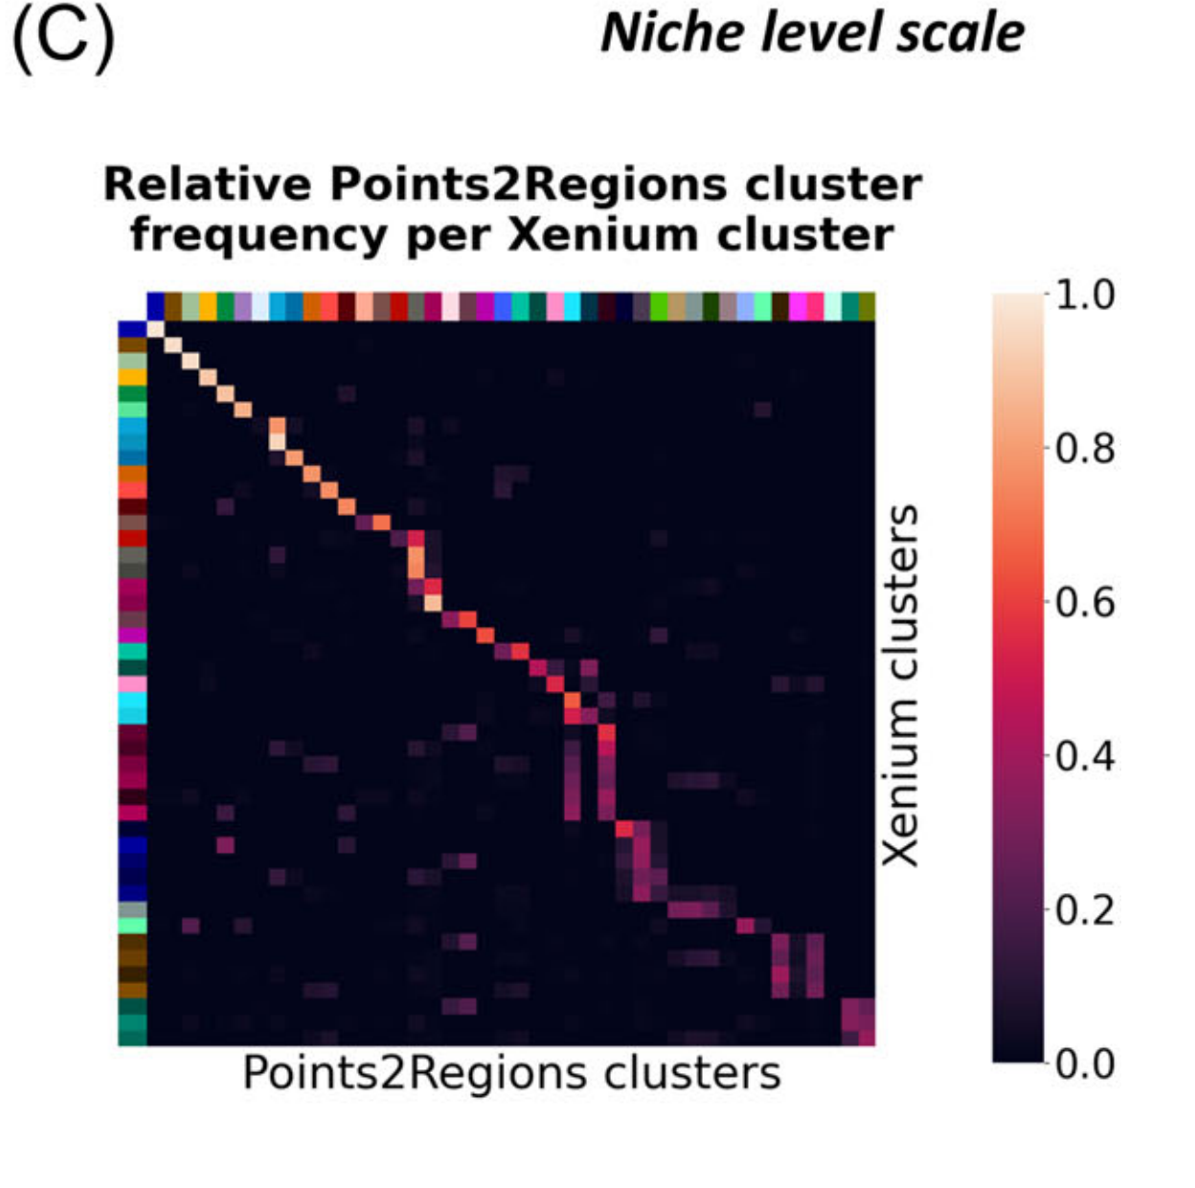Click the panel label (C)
[63, 38]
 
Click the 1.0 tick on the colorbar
[1085, 296]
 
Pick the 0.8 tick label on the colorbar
[1085, 448]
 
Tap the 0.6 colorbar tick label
[1085, 602]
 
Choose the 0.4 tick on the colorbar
[1085, 756]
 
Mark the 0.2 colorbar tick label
[1085, 910]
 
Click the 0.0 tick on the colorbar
[1085, 1064]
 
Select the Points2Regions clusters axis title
[511, 1073]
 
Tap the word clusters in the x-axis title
[691, 1073]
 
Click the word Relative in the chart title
[207, 185]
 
